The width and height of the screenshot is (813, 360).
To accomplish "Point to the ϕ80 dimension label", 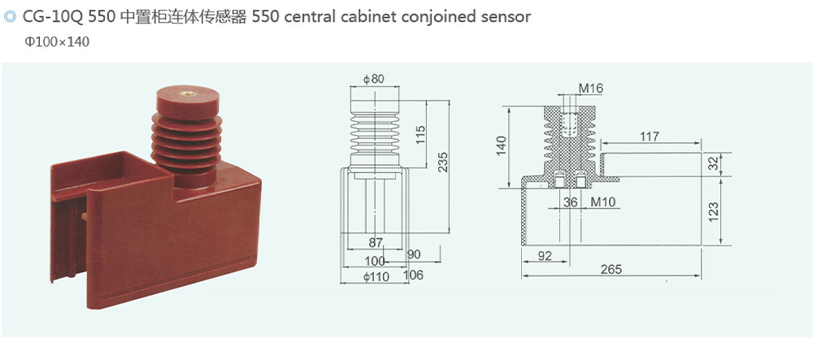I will [374, 79].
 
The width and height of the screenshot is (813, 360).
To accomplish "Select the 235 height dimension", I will [443, 162].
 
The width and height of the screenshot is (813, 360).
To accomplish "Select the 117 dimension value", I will [649, 136].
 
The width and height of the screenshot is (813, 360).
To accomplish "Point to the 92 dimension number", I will [546, 256].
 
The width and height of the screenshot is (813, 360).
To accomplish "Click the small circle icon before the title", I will [11, 16].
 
